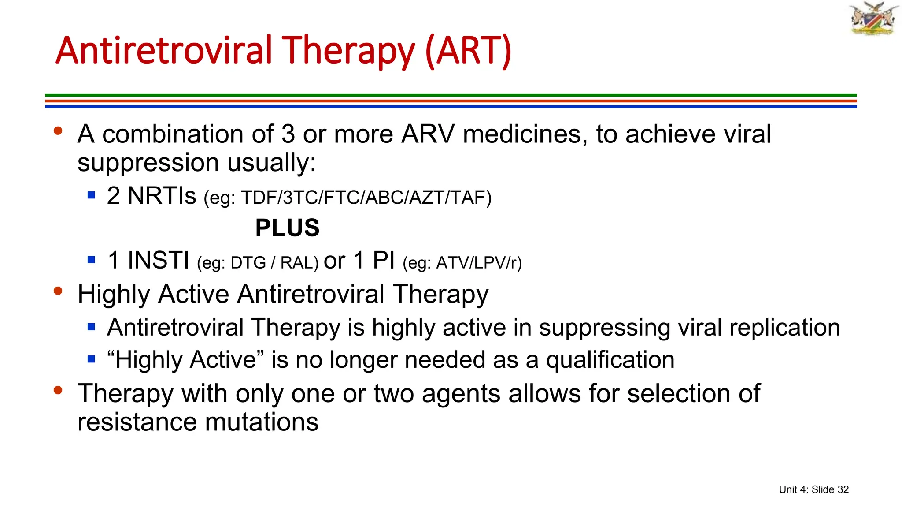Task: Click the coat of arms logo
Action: tap(874, 19)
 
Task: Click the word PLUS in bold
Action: tap(287, 228)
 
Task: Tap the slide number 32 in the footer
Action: tap(843, 489)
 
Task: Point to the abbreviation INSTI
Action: tap(158, 260)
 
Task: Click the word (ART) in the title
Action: tap(468, 50)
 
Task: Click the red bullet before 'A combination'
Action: tap(58, 131)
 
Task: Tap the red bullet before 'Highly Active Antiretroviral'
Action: tap(58, 291)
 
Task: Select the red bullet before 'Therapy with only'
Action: tap(58, 390)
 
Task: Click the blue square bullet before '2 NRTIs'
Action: tap(92, 195)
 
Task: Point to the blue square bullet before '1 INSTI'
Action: tap(92, 259)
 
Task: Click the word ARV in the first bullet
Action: tap(427, 134)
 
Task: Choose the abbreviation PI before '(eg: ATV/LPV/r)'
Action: tap(384, 260)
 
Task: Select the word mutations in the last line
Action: tap(262, 422)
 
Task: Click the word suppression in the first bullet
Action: tap(148, 163)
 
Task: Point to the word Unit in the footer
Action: tap(787, 489)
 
